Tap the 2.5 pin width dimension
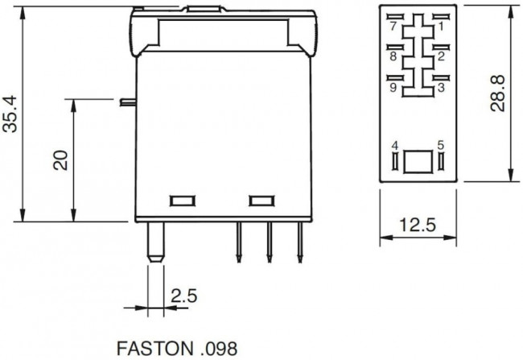[185, 296]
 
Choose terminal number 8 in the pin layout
[393, 57]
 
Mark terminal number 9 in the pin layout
[393, 88]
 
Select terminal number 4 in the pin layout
[394, 145]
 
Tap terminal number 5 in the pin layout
[440, 145]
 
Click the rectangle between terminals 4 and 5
[418, 160]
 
